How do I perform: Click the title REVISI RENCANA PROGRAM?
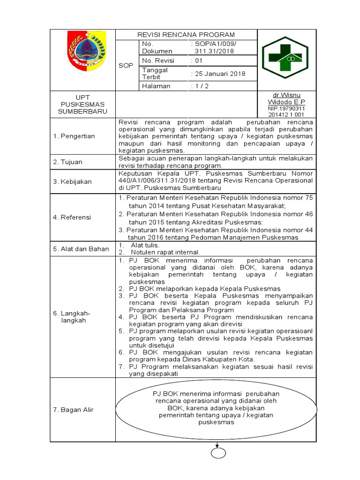(x=186, y=35)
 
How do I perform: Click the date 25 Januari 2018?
(x=218, y=74)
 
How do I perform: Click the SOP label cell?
(x=126, y=65)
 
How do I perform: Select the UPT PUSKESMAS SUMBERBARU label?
(x=82, y=104)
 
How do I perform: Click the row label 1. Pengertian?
(x=74, y=136)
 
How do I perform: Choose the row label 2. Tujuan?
(x=67, y=162)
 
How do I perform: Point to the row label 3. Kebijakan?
(x=72, y=181)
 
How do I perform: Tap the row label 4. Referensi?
(x=72, y=217)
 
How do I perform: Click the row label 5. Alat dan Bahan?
(x=81, y=249)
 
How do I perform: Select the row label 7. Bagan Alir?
(x=73, y=410)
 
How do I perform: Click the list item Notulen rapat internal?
(x=160, y=252)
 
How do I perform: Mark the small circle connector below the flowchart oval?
(x=218, y=453)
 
